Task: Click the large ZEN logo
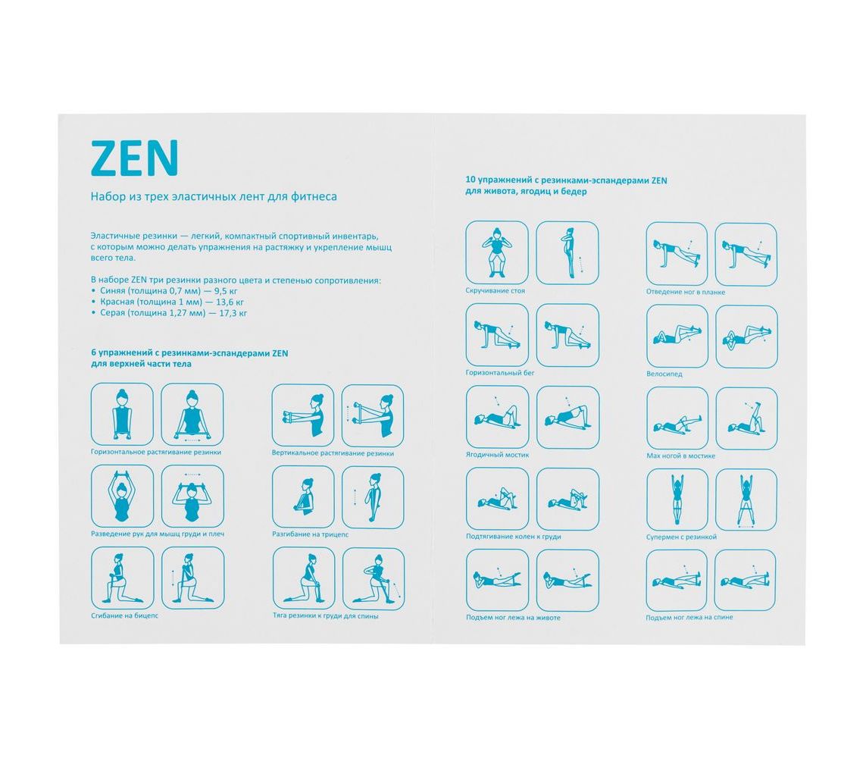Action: [x=134, y=158]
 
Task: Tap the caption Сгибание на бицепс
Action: [x=124, y=615]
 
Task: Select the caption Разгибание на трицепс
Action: [x=310, y=534]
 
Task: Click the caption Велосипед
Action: [x=664, y=374]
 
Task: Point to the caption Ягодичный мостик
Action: [x=497, y=455]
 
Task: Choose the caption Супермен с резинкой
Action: [x=681, y=537]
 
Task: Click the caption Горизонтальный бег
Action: [x=500, y=373]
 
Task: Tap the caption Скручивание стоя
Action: [x=495, y=290]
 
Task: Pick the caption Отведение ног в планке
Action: [x=686, y=292]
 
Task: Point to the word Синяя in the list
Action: [x=113, y=291]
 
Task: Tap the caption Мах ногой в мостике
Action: [x=680, y=456]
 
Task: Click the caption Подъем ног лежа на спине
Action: [x=689, y=617]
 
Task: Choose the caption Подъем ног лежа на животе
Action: [x=512, y=617]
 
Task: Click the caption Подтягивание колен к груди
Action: [x=513, y=537]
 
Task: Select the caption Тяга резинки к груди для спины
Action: [x=325, y=615]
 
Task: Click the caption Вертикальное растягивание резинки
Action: [x=333, y=453]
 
